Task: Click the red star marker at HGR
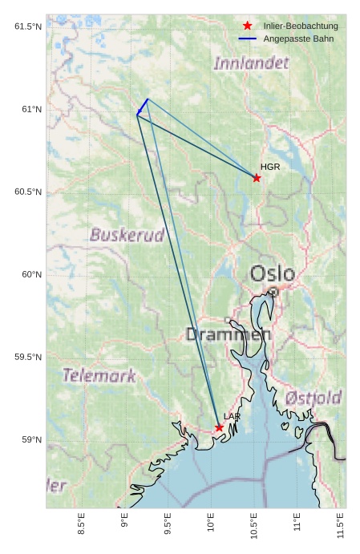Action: pyautogui.click(x=257, y=178)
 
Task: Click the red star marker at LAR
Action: pyautogui.click(x=219, y=427)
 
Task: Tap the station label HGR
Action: pyautogui.click(x=270, y=167)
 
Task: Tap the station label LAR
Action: pyautogui.click(x=232, y=416)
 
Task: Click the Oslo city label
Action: pyautogui.click(x=273, y=274)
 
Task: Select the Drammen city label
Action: pyautogui.click(x=229, y=334)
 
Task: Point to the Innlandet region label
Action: pyautogui.click(x=252, y=63)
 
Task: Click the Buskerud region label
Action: pyautogui.click(x=127, y=235)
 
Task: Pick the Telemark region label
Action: pyautogui.click(x=99, y=375)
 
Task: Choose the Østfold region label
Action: pyautogui.click(x=313, y=398)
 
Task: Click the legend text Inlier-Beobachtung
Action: pyautogui.click(x=301, y=26)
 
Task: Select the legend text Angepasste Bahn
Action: pyautogui.click(x=298, y=38)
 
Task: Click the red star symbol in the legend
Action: pyautogui.click(x=247, y=26)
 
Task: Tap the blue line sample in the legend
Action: pyautogui.click(x=247, y=38)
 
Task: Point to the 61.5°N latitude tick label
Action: pyautogui.click(x=27, y=26)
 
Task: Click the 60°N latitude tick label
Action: pyautogui.click(x=30, y=274)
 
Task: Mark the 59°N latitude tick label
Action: pyautogui.click(x=30, y=439)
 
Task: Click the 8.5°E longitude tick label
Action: pyautogui.click(x=82, y=525)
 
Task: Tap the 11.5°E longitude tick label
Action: pyautogui.click(x=341, y=525)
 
